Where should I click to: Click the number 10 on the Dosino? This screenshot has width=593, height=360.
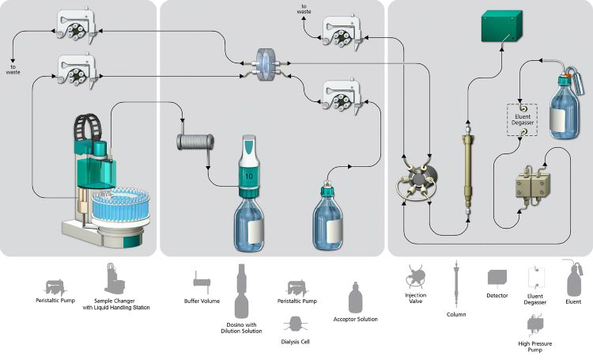point(248,174)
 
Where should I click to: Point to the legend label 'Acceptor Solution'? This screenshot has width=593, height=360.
point(355,319)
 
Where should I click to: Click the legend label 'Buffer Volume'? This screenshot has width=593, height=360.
point(202,301)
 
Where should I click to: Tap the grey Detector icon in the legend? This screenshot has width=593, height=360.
point(497,278)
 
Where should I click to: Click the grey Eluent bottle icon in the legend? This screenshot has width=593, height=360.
point(572,276)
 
